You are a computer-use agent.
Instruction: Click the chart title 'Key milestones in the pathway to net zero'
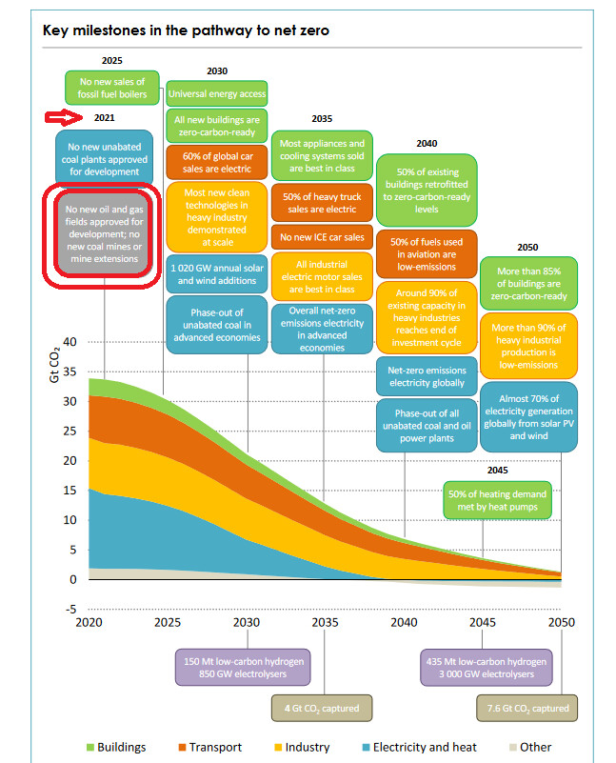(186, 30)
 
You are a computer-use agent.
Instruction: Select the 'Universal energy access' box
(216, 94)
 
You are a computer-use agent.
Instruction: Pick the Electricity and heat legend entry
(418, 748)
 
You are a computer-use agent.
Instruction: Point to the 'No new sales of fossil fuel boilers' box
(112, 88)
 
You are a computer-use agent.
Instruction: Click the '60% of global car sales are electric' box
(216, 161)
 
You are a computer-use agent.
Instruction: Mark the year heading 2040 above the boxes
(426, 144)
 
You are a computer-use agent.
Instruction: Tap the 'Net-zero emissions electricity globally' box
(426, 376)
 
